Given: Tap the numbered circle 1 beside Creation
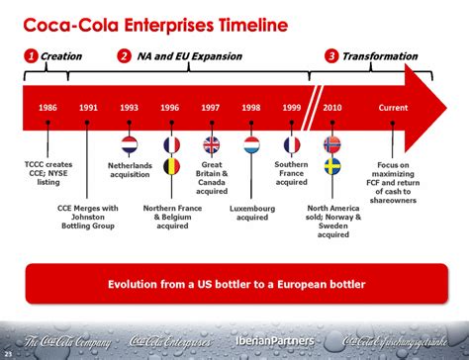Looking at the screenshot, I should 32,56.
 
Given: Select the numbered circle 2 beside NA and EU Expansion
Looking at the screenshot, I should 124,56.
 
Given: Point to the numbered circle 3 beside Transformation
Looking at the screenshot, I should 331,56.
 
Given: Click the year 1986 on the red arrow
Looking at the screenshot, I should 47,106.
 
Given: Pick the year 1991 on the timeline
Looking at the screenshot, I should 89,106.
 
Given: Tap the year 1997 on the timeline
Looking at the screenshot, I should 211,106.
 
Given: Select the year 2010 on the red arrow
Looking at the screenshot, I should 332,106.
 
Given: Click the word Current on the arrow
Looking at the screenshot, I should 393,106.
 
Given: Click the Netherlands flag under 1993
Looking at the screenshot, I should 130,143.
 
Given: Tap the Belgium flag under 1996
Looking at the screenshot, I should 171,165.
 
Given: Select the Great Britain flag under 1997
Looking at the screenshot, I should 211,144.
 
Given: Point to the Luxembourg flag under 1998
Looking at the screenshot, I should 251,144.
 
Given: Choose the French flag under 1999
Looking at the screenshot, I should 292,144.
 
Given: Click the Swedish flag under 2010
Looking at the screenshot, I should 332,165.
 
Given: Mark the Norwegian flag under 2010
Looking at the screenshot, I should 332,144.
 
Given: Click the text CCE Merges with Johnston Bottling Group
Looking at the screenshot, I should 89,216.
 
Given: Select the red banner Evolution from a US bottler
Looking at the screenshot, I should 235,285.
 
